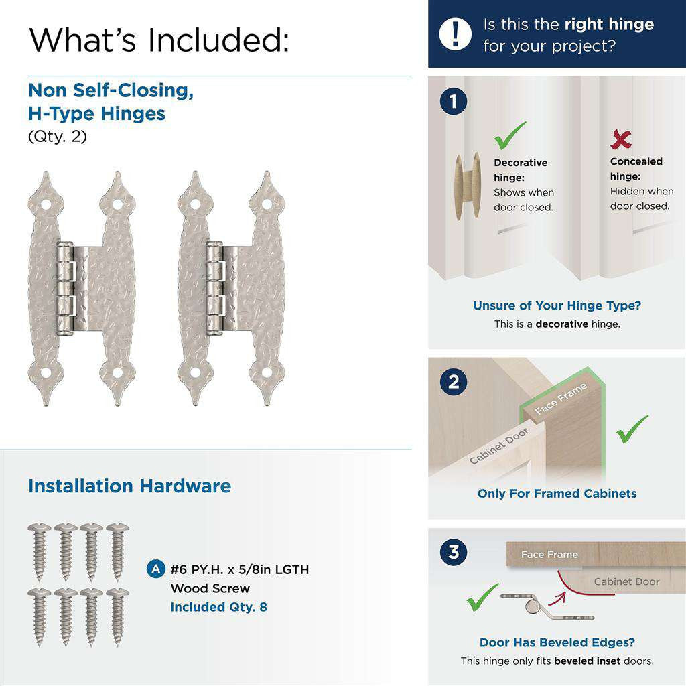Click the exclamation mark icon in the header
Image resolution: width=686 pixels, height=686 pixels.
[x=456, y=33]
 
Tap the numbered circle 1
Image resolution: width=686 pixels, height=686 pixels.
[x=454, y=102]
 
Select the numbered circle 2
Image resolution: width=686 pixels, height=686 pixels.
[x=454, y=382]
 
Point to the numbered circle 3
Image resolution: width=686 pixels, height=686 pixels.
[x=454, y=553]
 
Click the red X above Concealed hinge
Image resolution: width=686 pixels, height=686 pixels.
[x=621, y=139]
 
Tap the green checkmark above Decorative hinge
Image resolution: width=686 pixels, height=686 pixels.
[x=510, y=136]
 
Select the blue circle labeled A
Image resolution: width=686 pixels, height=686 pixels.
[x=155, y=570]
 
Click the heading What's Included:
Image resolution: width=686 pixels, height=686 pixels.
[x=159, y=40]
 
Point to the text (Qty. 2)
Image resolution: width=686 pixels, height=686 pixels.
[x=58, y=137]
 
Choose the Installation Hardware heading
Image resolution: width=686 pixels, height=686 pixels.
[x=129, y=486]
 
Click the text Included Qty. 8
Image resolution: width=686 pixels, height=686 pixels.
[x=218, y=607]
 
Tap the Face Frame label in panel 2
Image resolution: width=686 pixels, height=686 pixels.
[x=561, y=399]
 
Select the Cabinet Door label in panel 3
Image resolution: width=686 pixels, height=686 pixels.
[x=626, y=581]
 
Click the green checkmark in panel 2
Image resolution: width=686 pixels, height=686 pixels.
[x=632, y=429]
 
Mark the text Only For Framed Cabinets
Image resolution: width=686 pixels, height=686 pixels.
[x=557, y=494]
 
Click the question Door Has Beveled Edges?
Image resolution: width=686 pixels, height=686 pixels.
[x=557, y=642]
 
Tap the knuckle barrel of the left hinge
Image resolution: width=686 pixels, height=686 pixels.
[x=64, y=288]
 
